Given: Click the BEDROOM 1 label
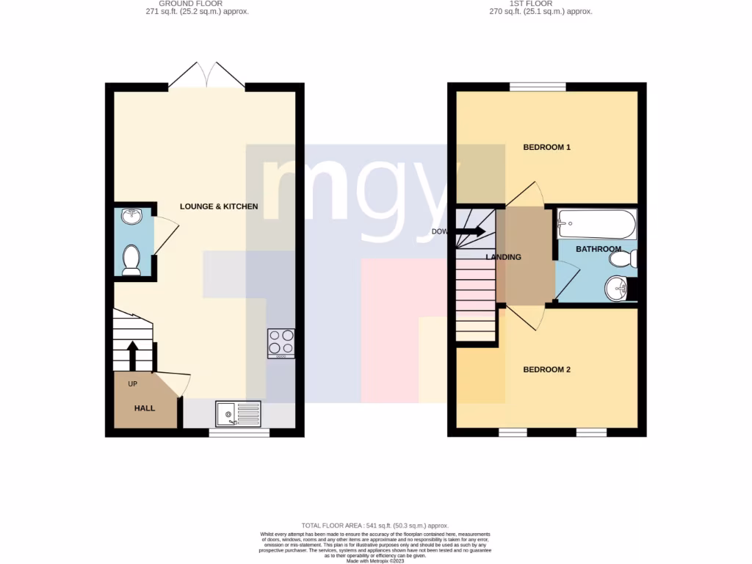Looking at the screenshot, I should [x=546, y=148].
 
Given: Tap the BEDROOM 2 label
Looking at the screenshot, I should [x=546, y=370].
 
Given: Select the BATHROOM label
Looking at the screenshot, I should [x=598, y=250].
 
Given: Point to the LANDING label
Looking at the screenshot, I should [x=504, y=257].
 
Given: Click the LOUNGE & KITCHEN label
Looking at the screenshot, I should [x=219, y=207].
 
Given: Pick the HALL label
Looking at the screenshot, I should [x=145, y=408].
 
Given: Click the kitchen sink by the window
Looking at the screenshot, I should [x=238, y=413].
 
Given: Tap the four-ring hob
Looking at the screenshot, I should [x=281, y=343].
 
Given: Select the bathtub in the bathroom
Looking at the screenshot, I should [x=596, y=223].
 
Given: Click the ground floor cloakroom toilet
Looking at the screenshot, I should [x=131, y=259].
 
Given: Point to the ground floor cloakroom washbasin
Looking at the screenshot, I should [x=132, y=217].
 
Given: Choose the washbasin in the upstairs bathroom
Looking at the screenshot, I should [x=617, y=288].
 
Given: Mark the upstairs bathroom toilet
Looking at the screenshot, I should [x=623, y=258].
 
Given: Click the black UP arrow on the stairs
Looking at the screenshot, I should [x=133, y=355].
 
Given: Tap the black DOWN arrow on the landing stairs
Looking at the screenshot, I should [x=470, y=232].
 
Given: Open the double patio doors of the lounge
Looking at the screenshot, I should [x=207, y=76].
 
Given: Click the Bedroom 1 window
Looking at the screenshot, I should [x=538, y=87].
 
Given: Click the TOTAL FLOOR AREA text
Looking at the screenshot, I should [x=375, y=526].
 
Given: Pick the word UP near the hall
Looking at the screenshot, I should [x=133, y=384].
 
